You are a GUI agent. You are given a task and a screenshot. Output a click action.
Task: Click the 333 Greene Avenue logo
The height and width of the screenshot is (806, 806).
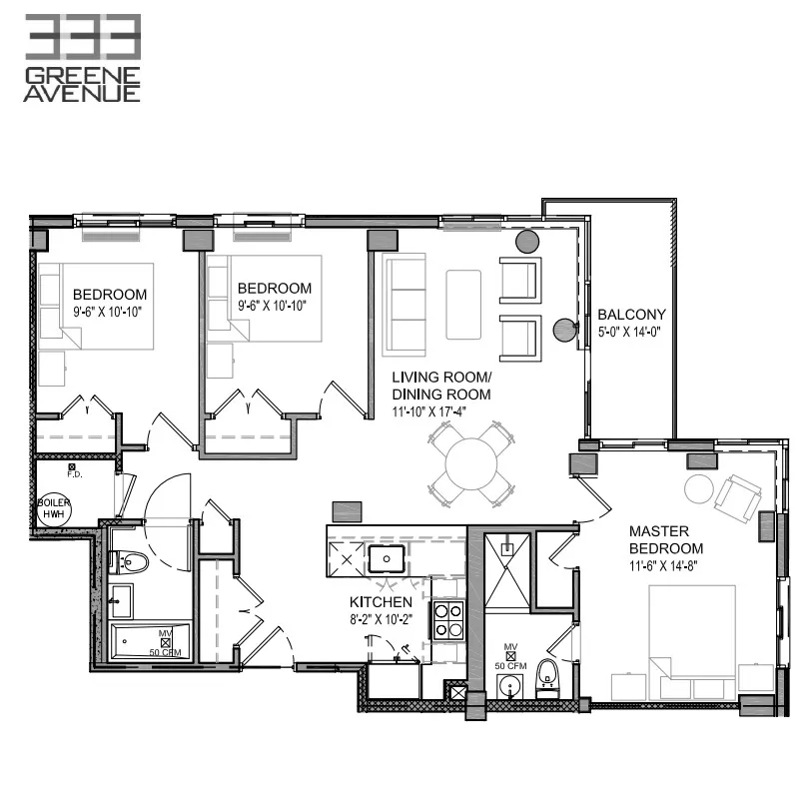pyautogui.click(x=82, y=58)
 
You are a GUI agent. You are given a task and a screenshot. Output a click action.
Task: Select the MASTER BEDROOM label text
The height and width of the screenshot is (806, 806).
pyautogui.click(x=665, y=539)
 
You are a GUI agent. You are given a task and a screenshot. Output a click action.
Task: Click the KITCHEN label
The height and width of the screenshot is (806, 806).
pyautogui.click(x=381, y=602)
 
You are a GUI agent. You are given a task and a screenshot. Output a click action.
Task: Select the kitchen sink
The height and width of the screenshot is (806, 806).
pyautogui.click(x=385, y=557)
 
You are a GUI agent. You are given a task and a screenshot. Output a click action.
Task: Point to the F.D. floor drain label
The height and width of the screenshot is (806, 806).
pyautogui.click(x=73, y=474)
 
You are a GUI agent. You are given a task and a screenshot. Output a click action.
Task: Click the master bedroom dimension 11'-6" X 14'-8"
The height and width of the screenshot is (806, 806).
pyautogui.click(x=665, y=565)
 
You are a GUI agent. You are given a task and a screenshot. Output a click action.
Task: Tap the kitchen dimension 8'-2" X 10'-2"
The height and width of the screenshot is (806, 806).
pyautogui.click(x=381, y=620)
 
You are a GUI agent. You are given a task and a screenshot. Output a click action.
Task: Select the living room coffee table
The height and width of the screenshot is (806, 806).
pyautogui.click(x=463, y=304)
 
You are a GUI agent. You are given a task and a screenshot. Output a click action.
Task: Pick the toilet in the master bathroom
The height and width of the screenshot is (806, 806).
pyautogui.click(x=546, y=675)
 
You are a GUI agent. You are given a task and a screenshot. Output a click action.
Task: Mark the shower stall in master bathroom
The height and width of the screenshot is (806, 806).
pyautogui.click(x=508, y=570)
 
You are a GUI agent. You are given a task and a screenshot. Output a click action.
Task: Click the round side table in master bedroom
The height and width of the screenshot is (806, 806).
pyautogui.click(x=698, y=488)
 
